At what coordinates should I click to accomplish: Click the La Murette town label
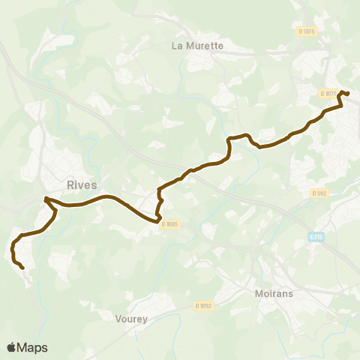[197, 46]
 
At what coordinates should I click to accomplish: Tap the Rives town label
[82, 185]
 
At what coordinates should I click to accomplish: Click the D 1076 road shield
[307, 31]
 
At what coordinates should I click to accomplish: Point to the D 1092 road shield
[204, 305]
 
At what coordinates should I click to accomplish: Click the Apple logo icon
[11, 347]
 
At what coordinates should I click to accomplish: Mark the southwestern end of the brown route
[23, 268]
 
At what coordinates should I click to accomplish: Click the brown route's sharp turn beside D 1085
[159, 221]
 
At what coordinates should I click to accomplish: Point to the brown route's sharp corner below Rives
[46, 199]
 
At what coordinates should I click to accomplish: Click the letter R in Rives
[70, 185]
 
